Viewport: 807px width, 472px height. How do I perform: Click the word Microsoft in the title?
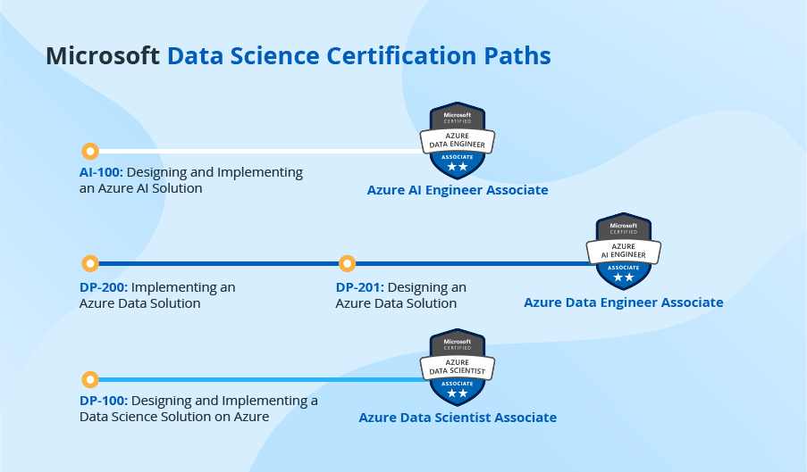(x=103, y=56)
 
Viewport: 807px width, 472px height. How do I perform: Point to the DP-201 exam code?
(x=359, y=287)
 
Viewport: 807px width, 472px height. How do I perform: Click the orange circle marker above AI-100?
(x=89, y=151)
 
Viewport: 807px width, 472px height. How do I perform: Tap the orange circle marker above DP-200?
(x=89, y=263)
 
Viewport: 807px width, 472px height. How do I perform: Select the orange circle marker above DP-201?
(x=347, y=263)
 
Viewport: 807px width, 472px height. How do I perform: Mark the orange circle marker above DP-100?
(x=89, y=379)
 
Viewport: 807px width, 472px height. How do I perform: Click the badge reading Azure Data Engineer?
(x=458, y=140)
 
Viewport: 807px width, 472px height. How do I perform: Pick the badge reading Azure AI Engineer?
(x=624, y=252)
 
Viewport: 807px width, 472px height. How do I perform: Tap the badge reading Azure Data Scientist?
(x=458, y=368)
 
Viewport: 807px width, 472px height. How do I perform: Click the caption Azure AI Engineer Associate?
(x=458, y=190)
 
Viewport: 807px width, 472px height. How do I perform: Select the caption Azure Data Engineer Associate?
(x=624, y=302)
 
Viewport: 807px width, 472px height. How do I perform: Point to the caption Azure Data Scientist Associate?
(x=458, y=418)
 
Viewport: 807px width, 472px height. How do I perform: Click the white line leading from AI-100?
(x=259, y=151)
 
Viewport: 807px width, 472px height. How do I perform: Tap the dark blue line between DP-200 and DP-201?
(x=219, y=263)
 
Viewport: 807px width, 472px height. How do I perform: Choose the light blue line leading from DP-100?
(x=259, y=379)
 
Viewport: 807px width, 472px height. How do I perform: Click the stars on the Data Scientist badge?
(x=458, y=393)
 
